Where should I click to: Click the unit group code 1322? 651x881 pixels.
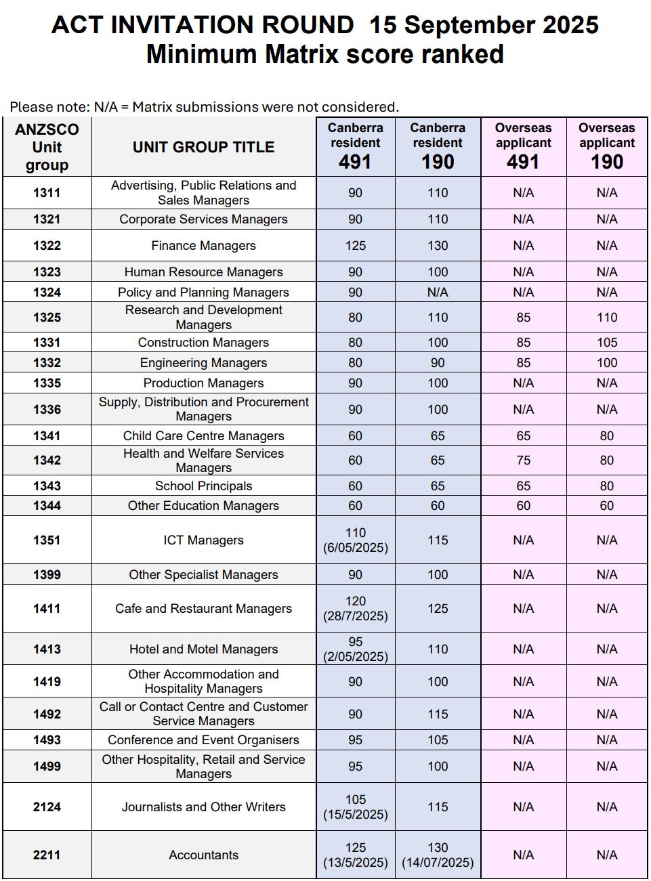(47, 246)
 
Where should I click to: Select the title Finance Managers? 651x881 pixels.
(203, 246)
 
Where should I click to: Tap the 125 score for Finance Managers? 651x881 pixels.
(355, 246)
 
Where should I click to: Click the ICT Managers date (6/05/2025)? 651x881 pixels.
(356, 548)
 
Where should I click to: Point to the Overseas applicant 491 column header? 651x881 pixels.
(523, 146)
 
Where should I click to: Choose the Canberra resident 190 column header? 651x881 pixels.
(438, 146)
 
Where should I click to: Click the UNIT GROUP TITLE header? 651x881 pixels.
(203, 147)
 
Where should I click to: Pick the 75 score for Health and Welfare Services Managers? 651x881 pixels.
(523, 460)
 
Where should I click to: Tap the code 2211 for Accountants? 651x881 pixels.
(47, 855)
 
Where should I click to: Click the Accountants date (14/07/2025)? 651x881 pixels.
(438, 863)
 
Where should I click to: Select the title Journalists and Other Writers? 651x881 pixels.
(203, 807)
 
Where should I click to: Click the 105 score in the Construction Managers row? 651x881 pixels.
(606, 343)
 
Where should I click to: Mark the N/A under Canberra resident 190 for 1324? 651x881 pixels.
(438, 293)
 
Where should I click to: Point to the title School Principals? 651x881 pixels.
(203, 486)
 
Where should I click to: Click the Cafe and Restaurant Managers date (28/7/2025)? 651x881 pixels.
(356, 616)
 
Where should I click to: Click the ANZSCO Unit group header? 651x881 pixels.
(47, 147)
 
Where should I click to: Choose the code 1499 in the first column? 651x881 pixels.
(47, 767)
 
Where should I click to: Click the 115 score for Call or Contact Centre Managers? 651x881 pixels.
(438, 714)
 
